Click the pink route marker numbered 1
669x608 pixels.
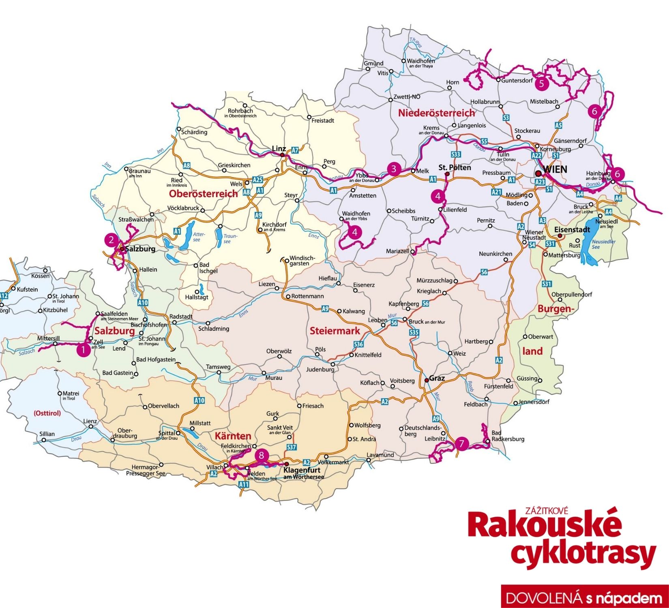pyautogui.click(x=84, y=349)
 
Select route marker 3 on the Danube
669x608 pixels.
pyautogui.click(x=393, y=169)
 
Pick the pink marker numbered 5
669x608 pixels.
pyautogui.click(x=541, y=83)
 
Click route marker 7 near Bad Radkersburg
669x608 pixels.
pyautogui.click(x=461, y=443)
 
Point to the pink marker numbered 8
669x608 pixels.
pyautogui.click(x=262, y=455)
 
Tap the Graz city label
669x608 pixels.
pyautogui.click(x=437, y=378)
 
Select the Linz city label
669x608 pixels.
pyautogui.click(x=279, y=149)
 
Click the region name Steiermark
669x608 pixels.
pyautogui.click(x=334, y=331)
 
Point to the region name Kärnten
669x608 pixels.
pyautogui.click(x=233, y=436)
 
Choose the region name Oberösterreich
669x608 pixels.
pyautogui.click(x=203, y=194)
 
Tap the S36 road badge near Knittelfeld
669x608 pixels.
pyautogui.click(x=358, y=345)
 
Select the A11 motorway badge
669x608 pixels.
pyautogui.click(x=243, y=484)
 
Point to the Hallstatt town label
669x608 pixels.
pyautogui.click(x=197, y=297)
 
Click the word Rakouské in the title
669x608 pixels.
pyautogui.click(x=545, y=525)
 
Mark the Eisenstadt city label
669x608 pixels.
pyautogui.click(x=573, y=229)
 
